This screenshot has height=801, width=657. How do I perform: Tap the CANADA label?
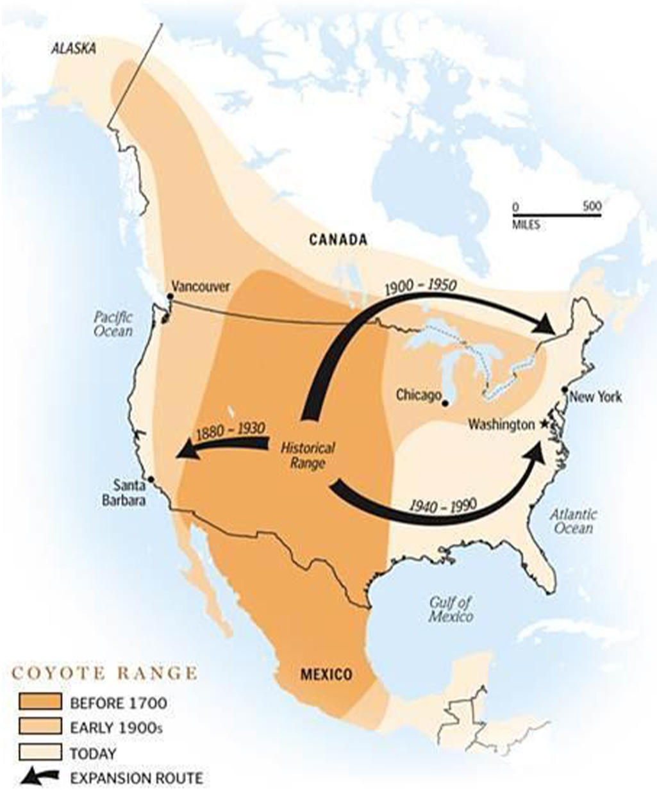338,240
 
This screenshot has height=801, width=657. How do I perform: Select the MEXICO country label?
326,674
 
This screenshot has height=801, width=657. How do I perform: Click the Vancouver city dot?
170,296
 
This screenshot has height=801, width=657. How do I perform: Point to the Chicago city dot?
446,403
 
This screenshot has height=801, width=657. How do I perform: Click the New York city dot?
565,390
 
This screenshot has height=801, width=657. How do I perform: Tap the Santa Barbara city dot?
151,479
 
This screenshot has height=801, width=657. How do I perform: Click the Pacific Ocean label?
113,324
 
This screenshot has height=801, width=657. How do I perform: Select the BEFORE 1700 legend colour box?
40,702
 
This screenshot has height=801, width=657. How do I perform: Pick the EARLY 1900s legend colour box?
40,727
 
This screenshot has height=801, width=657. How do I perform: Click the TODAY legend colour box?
40,752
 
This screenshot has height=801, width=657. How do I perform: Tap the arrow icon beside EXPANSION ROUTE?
40,777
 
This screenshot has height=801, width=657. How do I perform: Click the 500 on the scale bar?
593,206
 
